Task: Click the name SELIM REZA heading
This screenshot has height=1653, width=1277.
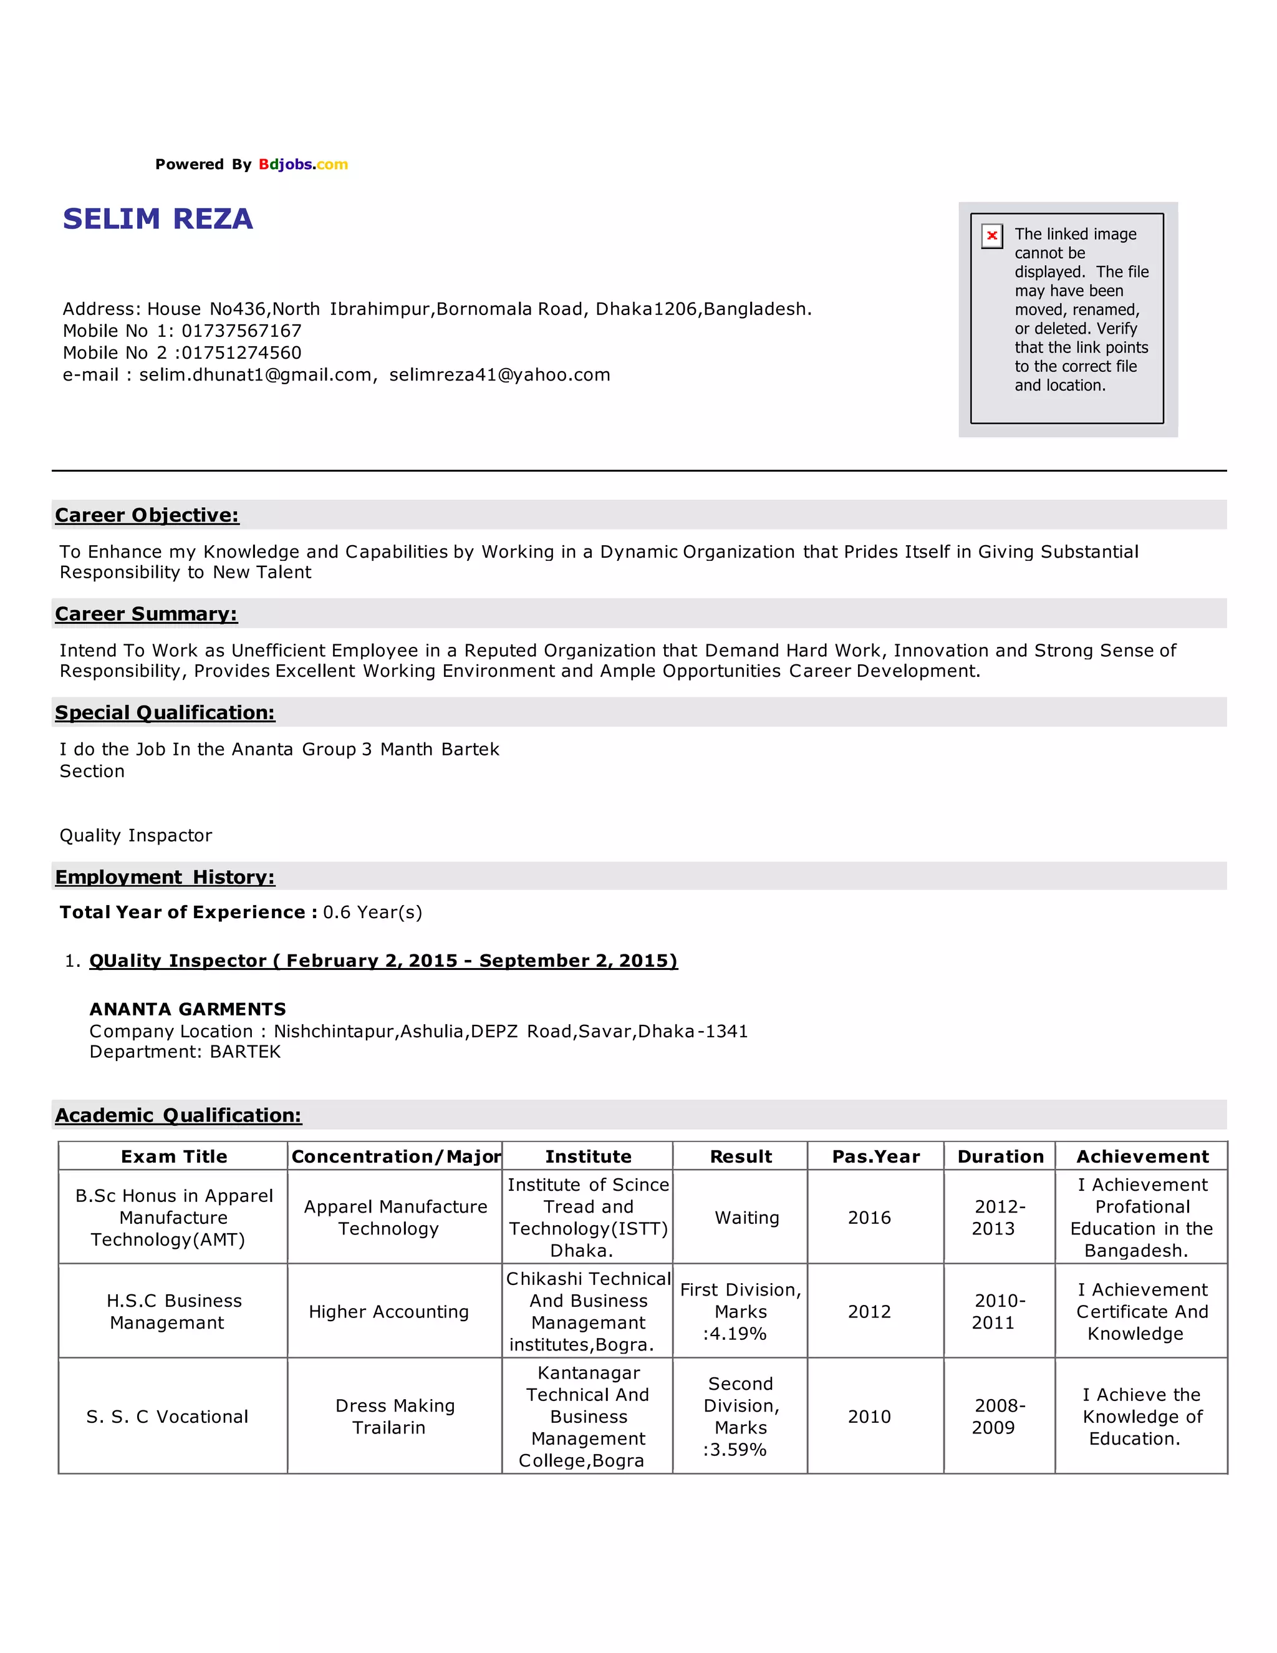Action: [157, 219]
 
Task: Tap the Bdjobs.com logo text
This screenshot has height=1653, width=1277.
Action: [302, 164]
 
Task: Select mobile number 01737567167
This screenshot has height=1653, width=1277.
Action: [241, 331]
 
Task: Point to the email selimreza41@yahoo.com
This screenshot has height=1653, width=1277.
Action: [499, 375]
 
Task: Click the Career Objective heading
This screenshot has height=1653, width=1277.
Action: [147, 515]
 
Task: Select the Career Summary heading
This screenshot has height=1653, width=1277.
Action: [146, 614]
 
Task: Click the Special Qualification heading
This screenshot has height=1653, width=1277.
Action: [165, 712]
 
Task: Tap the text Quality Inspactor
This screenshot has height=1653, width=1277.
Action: [136, 836]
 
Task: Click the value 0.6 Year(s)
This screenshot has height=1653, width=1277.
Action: [372, 912]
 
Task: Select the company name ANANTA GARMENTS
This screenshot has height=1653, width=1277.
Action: [188, 1009]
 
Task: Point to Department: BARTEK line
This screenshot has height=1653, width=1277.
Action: [185, 1052]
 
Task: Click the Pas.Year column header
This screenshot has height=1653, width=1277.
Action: [875, 1156]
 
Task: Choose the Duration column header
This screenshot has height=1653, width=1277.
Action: [1000, 1156]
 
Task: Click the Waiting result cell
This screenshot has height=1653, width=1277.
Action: [746, 1218]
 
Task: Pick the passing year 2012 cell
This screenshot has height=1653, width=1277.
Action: [869, 1312]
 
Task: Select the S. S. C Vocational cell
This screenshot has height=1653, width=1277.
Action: [167, 1417]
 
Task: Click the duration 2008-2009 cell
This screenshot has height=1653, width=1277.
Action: [1000, 1417]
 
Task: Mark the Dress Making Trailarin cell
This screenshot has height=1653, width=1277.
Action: [394, 1417]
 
